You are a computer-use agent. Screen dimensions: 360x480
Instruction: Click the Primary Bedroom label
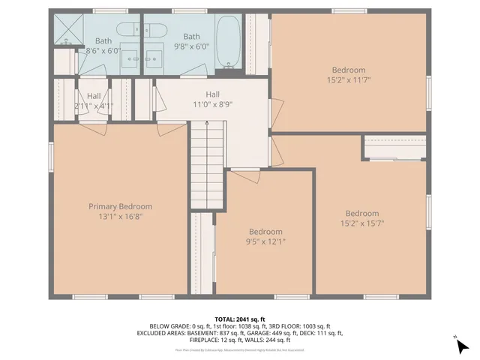tap(120, 206)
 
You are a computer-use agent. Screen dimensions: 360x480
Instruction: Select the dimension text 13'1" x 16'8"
tap(120, 216)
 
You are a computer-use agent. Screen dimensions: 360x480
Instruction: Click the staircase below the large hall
tap(207, 166)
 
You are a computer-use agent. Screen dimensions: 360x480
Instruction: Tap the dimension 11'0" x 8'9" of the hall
tap(213, 105)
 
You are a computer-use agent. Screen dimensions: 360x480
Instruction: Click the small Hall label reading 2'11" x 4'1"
tap(94, 106)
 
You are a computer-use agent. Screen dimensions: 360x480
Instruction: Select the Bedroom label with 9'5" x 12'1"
tap(265, 232)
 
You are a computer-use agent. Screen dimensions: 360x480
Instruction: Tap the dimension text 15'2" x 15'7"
tap(361, 223)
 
